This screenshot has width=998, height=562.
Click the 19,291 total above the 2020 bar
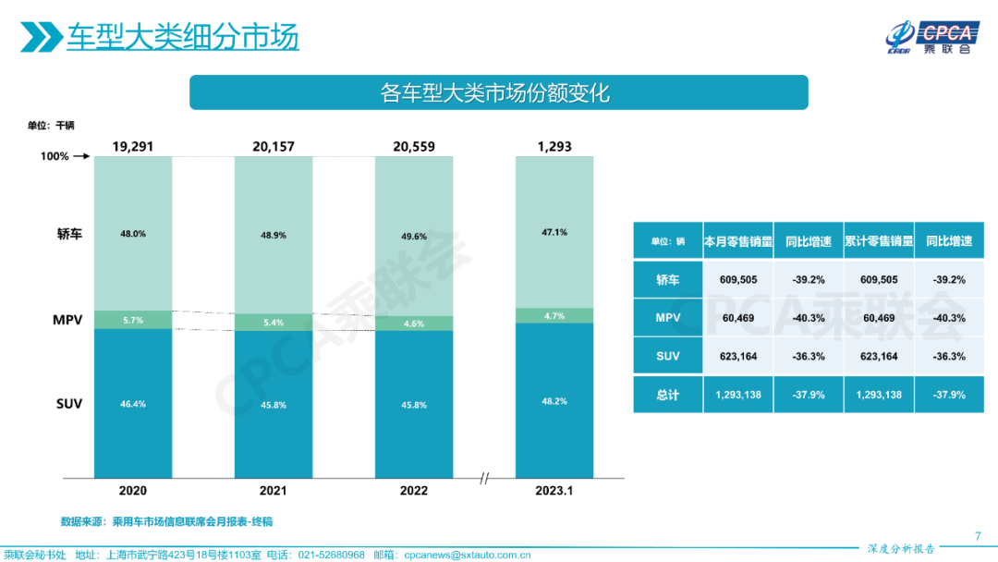pos(132,146)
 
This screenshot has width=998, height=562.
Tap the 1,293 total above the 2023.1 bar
pos(554,146)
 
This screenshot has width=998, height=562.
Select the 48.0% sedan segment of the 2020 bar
pos(133,234)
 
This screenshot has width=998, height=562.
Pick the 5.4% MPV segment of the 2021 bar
pos(274,323)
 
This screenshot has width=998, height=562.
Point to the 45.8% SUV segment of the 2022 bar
pos(414,404)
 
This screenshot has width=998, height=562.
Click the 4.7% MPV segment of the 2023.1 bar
pos(554,315)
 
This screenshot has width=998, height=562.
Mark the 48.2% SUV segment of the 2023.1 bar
pos(554,401)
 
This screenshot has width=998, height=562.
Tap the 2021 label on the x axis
pos(274,491)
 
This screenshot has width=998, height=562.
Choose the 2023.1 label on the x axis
pos(554,491)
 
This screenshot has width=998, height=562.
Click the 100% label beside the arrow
pos(55,156)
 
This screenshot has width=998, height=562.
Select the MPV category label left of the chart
pos(67,321)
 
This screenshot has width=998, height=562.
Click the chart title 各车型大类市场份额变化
pos(498,92)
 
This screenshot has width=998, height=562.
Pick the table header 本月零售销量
pos(736,241)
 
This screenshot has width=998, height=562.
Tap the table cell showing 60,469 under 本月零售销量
pos(736,318)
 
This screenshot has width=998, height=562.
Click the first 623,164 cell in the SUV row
pos(736,356)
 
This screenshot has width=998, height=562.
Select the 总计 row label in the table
pos(668,395)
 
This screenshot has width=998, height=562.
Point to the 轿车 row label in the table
pos(668,279)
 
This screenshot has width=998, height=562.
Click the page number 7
pos(979,536)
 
